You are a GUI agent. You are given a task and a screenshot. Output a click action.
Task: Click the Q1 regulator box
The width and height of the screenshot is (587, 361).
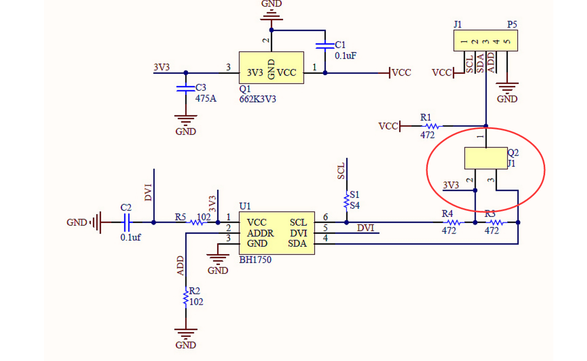point(272,68)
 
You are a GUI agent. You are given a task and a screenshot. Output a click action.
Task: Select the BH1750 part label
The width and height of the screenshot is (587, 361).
point(255,260)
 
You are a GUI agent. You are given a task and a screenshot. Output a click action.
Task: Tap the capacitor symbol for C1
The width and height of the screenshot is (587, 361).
point(325,45)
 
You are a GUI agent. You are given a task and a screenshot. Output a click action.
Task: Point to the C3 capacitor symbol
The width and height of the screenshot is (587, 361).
point(186,88)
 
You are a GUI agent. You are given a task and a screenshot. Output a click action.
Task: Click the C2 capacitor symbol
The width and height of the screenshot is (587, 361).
point(127,222)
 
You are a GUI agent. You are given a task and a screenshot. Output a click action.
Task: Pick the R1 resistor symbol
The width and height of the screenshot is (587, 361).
point(432,126)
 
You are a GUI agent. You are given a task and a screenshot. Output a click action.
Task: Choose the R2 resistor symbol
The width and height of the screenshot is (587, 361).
point(186,297)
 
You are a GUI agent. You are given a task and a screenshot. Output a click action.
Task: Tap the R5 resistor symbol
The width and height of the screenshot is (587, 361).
point(197,222)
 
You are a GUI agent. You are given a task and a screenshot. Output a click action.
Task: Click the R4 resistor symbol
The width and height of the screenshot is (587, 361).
point(453,222)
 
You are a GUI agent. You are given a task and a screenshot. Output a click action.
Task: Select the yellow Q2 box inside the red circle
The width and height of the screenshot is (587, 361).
point(486,158)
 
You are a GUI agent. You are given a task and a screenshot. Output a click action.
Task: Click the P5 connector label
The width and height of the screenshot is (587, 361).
point(512,25)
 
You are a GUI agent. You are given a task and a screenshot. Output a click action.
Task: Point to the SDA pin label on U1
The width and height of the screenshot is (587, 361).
point(297,244)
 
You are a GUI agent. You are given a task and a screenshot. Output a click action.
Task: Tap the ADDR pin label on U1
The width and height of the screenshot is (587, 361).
point(260,233)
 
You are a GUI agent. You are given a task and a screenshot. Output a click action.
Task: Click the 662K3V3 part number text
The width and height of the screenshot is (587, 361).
point(257,99)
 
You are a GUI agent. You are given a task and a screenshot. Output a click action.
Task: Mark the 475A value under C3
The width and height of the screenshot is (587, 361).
point(206,99)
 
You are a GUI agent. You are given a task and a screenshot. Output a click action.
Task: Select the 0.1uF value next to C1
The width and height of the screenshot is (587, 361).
point(345,56)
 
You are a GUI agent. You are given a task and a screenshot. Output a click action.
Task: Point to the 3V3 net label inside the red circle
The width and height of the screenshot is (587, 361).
point(451,185)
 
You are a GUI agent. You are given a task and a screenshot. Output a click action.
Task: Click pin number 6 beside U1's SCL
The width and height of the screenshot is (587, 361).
point(326,217)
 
